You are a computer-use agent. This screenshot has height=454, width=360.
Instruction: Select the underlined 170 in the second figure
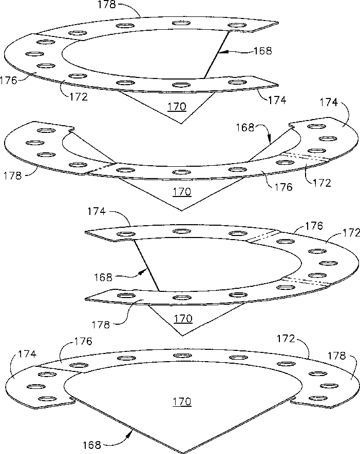[181, 192]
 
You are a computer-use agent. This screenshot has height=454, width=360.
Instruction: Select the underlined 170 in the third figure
[183, 319]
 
